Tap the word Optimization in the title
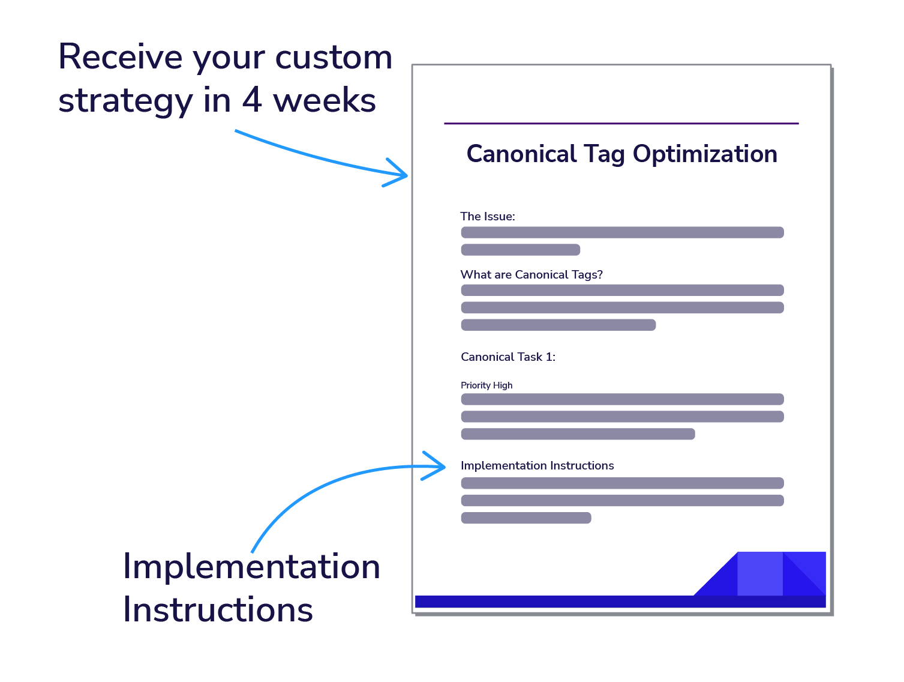[x=705, y=155]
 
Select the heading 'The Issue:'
[x=487, y=216]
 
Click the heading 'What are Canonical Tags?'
[x=531, y=274]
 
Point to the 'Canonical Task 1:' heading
[x=508, y=357]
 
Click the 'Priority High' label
[x=486, y=385]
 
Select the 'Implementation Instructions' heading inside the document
[x=537, y=465]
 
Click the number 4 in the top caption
[x=252, y=100]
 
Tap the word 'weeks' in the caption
[x=324, y=100]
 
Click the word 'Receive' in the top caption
[x=120, y=56]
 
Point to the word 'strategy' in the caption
[x=125, y=101]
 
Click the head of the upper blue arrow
[x=406, y=175]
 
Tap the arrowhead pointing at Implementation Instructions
[x=443, y=466]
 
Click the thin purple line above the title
[x=621, y=123]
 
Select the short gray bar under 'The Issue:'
[x=520, y=250]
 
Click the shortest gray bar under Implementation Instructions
[x=526, y=518]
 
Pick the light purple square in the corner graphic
[x=760, y=573]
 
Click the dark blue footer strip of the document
[x=620, y=601]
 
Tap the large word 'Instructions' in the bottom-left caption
[x=218, y=610]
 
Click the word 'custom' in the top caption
[x=333, y=57]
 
